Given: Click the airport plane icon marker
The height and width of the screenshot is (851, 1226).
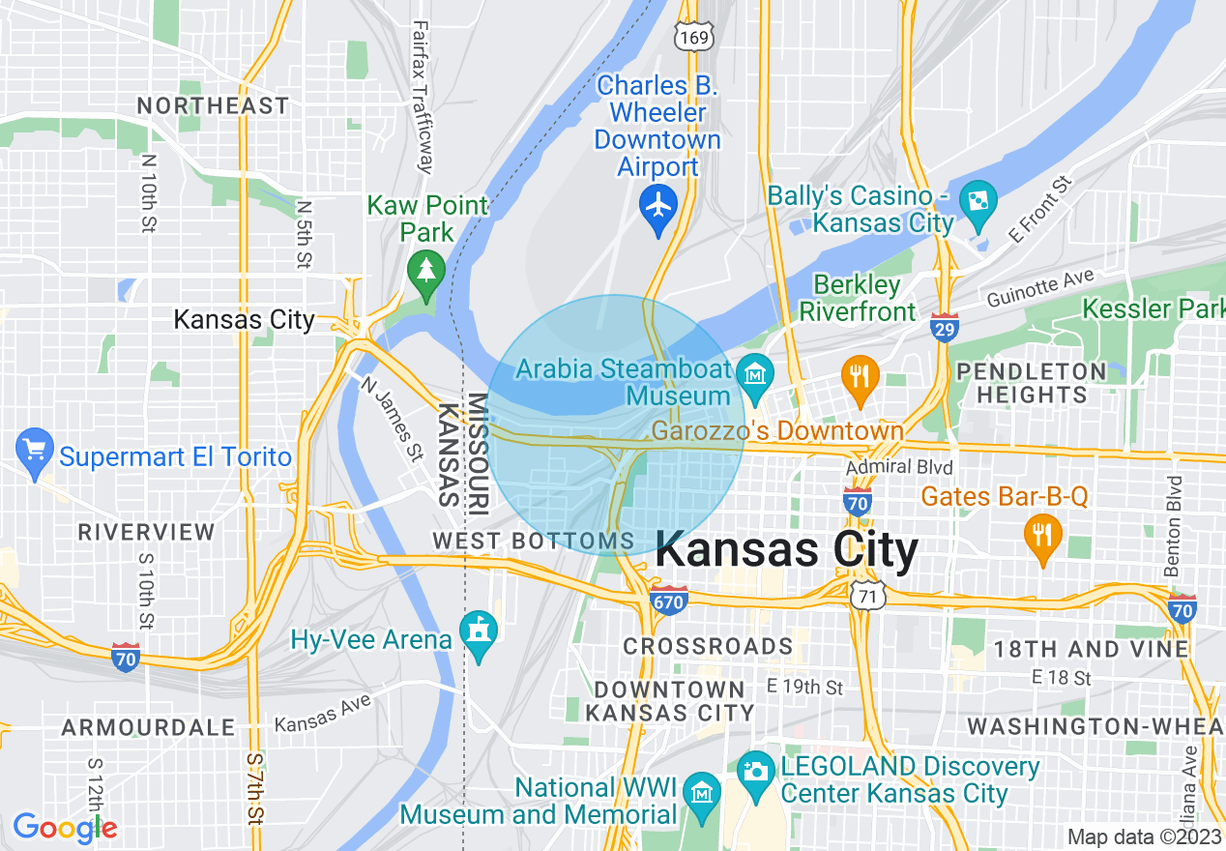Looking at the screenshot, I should pyautogui.click(x=658, y=205).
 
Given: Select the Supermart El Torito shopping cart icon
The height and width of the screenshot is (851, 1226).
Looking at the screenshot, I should pyautogui.click(x=36, y=450).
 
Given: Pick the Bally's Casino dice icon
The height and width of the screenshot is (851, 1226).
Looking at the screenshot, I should pyautogui.click(x=978, y=200).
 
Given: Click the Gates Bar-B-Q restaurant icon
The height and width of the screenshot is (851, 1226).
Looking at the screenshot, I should pyautogui.click(x=1041, y=533).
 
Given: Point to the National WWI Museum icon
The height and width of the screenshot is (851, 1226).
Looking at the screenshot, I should pyautogui.click(x=701, y=792).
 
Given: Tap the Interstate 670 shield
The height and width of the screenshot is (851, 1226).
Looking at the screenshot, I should pyautogui.click(x=668, y=600).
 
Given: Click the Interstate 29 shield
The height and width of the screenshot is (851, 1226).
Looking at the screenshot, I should pyautogui.click(x=945, y=329).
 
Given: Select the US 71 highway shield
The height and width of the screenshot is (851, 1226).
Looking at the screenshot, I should pyautogui.click(x=865, y=597).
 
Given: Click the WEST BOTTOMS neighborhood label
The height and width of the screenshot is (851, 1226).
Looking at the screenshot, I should pyautogui.click(x=534, y=542).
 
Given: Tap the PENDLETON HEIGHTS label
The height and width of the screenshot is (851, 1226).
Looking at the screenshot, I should pyautogui.click(x=1031, y=383).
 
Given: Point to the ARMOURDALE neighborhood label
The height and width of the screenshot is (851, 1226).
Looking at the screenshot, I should pyautogui.click(x=148, y=727).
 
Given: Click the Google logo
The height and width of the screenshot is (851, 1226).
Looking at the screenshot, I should pyautogui.click(x=65, y=828).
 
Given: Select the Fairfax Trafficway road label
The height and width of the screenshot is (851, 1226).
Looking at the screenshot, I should pyautogui.click(x=422, y=97).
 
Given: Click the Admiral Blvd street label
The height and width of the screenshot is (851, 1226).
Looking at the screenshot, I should pyautogui.click(x=899, y=468).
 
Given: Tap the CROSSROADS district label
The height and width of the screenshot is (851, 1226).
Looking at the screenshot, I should pyautogui.click(x=708, y=645).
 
